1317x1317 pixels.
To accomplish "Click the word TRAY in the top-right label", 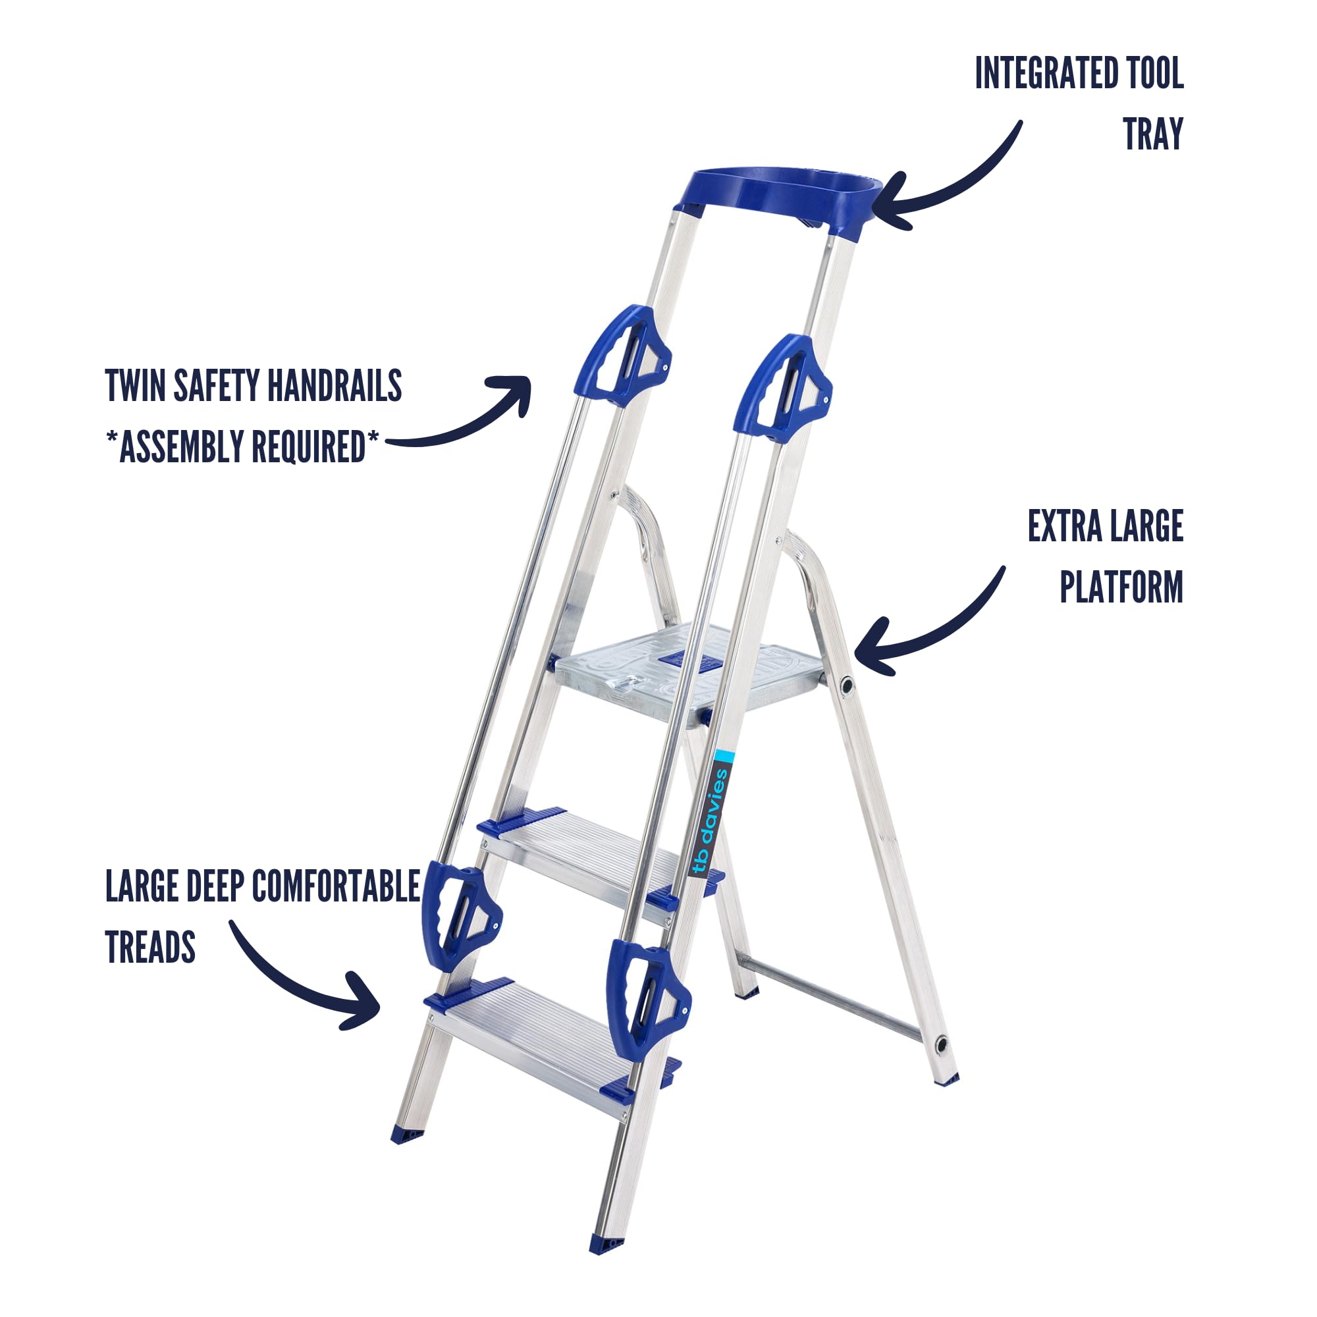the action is click(x=1153, y=134).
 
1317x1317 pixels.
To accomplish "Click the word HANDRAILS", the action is click(x=334, y=386).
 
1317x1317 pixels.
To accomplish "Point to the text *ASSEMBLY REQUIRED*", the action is click(x=242, y=446).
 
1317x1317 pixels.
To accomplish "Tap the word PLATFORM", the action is click(x=1121, y=587).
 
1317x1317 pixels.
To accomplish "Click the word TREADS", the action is click(x=151, y=947).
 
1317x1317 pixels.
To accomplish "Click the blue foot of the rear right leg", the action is click(x=946, y=1080).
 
